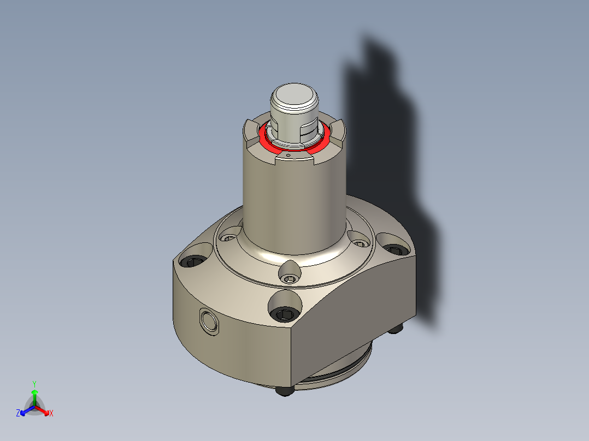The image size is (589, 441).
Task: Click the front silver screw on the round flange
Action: (x=290, y=279)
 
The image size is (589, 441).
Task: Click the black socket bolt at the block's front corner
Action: (x=286, y=314)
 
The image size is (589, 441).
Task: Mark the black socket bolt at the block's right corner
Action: (x=394, y=249)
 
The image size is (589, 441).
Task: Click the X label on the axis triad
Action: (x=51, y=414)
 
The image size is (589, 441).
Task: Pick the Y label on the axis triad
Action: (x=34, y=384)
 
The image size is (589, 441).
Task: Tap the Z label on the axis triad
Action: (x=19, y=413)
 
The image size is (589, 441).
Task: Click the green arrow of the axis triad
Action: (x=34, y=395)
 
